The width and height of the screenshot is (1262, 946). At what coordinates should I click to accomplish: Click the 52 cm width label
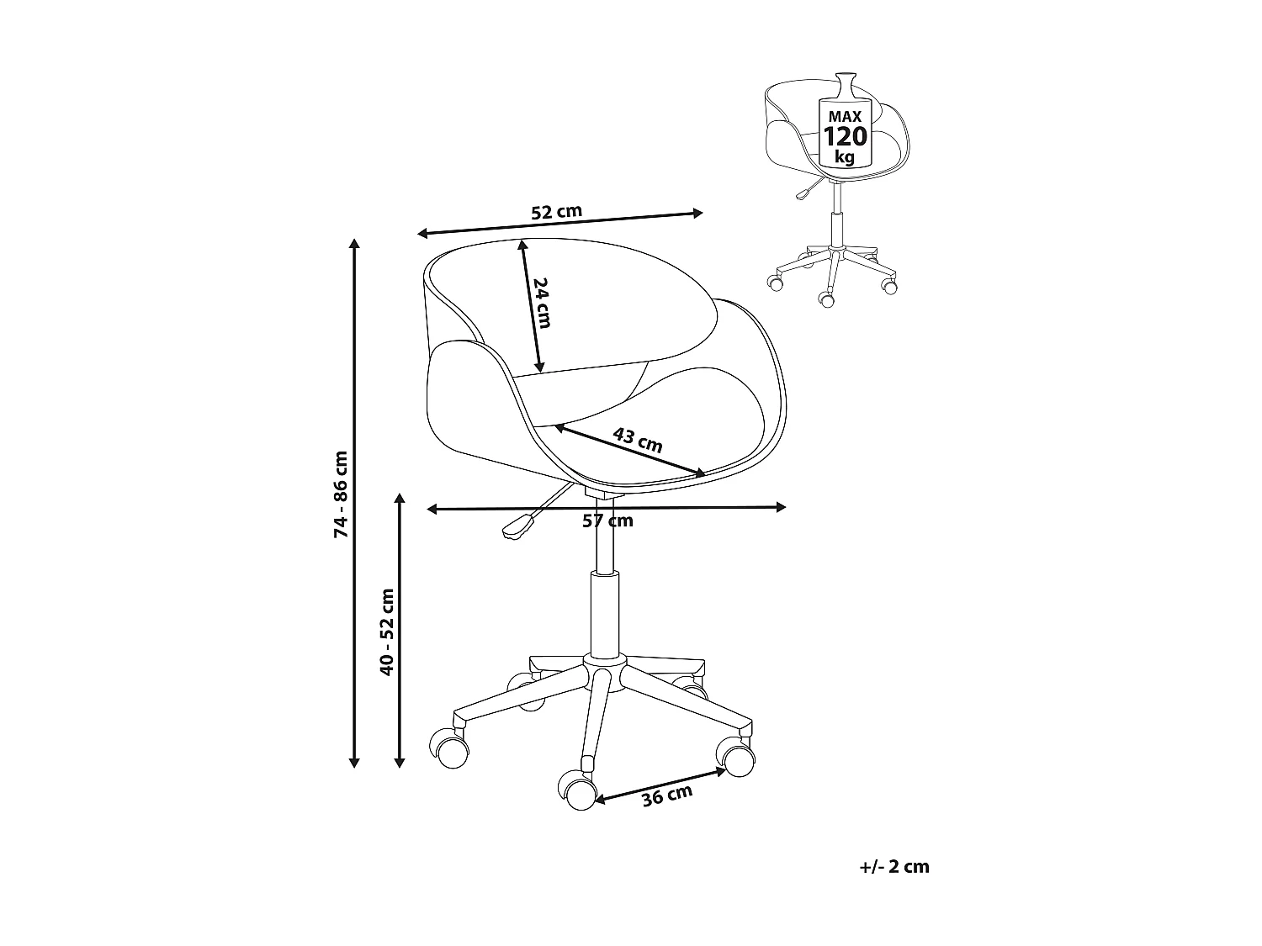click(556, 212)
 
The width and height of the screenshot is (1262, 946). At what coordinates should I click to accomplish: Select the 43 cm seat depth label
click(637, 440)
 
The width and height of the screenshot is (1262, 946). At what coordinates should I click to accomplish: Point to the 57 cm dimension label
click(607, 521)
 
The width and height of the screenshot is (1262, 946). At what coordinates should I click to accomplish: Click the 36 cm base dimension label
click(666, 795)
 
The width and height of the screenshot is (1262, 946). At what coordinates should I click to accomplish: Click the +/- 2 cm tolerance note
click(894, 867)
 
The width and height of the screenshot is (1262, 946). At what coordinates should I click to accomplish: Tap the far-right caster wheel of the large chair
click(738, 760)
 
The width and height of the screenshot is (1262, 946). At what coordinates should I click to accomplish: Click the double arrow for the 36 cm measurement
click(661, 784)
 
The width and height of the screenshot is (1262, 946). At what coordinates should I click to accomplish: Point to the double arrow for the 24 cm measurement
click(531, 307)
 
